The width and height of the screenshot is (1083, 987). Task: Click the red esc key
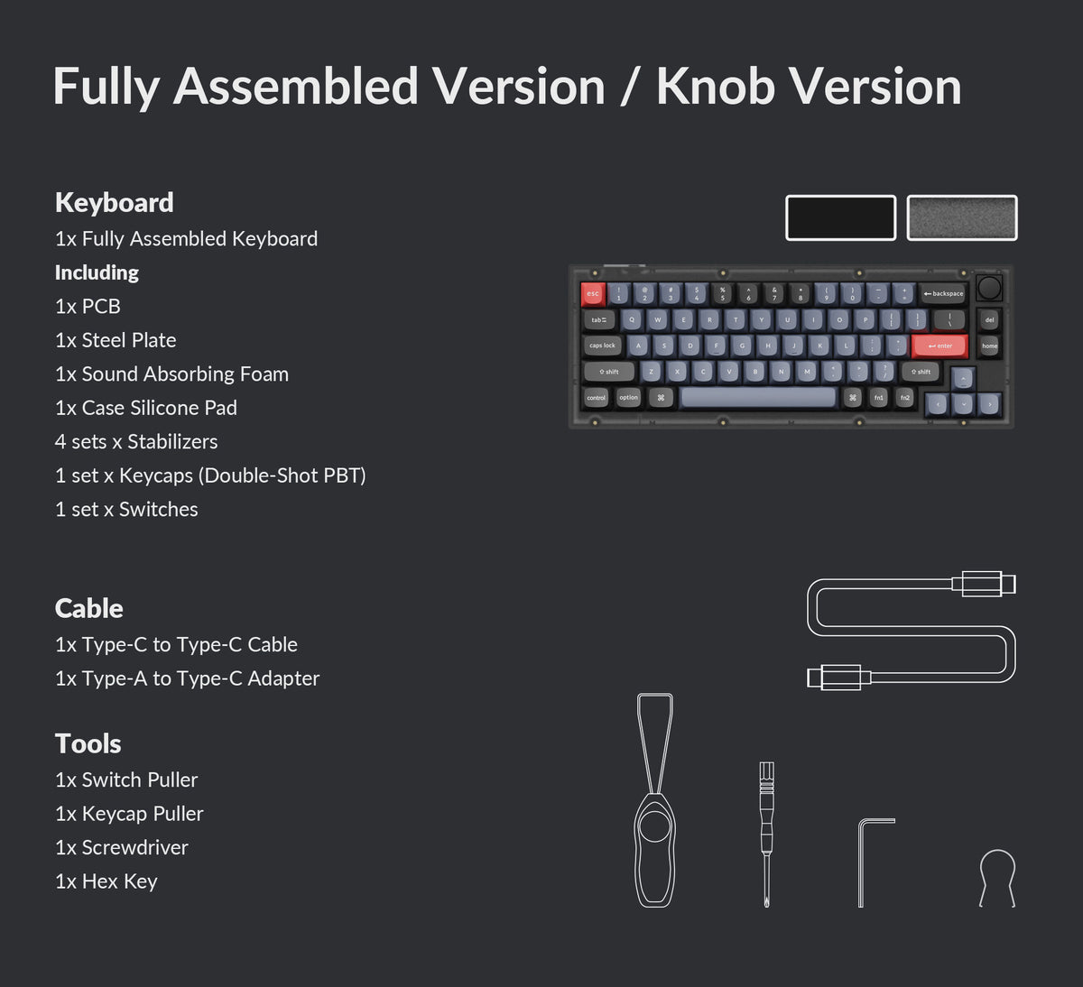click(x=593, y=293)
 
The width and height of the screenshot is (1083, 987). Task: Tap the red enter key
click(x=940, y=346)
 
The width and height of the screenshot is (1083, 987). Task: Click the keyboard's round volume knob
click(x=989, y=288)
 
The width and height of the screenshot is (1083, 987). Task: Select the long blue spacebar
click(x=758, y=397)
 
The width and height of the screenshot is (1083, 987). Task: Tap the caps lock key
click(x=602, y=346)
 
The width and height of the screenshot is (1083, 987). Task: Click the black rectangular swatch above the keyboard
click(x=840, y=217)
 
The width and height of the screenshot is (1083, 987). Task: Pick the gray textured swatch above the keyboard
click(x=962, y=217)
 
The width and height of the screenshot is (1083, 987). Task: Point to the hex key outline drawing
click(x=872, y=861)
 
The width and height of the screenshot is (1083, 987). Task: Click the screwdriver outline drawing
click(x=766, y=830)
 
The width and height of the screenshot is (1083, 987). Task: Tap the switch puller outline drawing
click(x=654, y=803)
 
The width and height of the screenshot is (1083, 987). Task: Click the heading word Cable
click(x=88, y=608)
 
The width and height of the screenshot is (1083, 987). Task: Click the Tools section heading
click(x=88, y=743)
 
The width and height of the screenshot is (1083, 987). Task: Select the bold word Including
click(x=97, y=272)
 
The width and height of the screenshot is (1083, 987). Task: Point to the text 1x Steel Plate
click(x=116, y=340)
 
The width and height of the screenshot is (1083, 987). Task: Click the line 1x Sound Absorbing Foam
click(x=171, y=374)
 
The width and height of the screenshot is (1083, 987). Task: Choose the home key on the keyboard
click(x=990, y=346)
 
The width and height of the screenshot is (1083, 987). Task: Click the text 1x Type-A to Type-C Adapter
click(x=187, y=678)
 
